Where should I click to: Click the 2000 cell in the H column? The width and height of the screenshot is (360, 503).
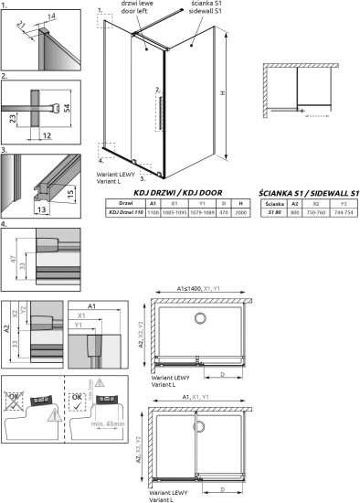pos(239,213)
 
